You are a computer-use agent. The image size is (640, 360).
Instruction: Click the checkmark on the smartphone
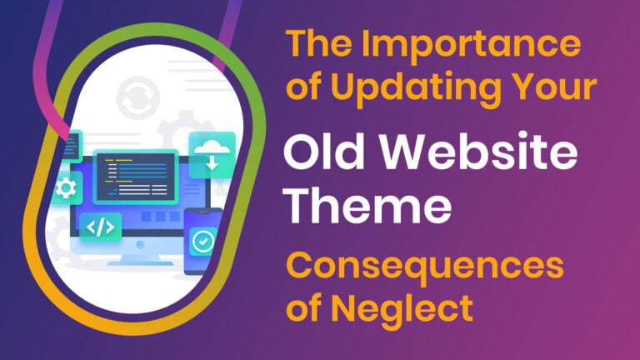pos(202,242)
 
